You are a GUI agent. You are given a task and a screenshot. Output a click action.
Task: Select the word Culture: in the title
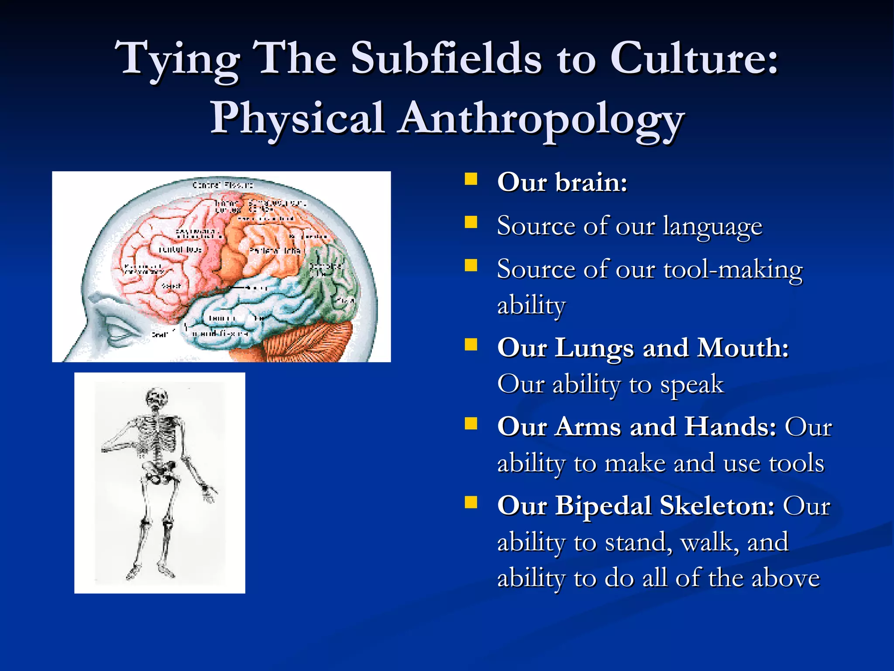[694, 58]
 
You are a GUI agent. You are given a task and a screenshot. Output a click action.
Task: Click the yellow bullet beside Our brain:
[471, 180]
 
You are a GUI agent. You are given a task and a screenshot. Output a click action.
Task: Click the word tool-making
[733, 270]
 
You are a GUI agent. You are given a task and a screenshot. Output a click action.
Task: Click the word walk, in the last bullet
[709, 542]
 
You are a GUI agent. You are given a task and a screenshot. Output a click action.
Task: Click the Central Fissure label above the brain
[223, 185]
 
